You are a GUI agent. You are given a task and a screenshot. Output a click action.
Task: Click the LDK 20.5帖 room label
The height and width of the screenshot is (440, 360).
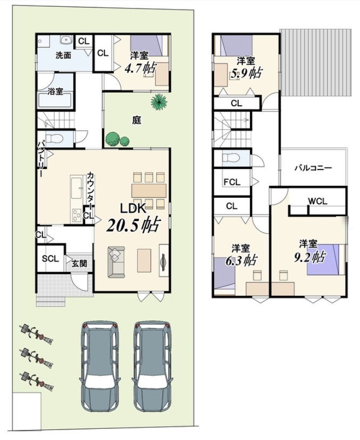click(133, 217)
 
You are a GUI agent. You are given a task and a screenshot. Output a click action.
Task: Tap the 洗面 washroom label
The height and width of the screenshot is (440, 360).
click(63, 55)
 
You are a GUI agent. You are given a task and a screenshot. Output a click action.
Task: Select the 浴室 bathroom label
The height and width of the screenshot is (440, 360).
click(55, 91)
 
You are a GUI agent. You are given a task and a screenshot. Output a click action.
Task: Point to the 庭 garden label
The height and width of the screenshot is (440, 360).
click(137, 121)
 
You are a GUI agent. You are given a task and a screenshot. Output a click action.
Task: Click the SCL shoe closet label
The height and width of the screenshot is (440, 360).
click(51, 258)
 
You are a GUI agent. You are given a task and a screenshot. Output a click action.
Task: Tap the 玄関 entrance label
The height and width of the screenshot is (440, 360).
click(79, 264)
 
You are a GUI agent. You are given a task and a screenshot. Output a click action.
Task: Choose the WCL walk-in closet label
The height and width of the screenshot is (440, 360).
click(317, 201)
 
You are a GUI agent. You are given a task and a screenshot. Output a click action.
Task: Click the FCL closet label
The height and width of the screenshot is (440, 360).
click(232, 182)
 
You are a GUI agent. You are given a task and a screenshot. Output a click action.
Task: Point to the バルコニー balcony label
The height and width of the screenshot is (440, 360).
click(313, 168)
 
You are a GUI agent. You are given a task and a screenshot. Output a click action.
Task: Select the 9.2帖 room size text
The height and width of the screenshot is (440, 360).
click(309, 257)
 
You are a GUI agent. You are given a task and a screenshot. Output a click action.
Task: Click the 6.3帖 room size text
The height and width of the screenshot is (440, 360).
click(241, 261)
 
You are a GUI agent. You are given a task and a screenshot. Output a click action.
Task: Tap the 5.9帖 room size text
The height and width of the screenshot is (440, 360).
click(246, 73)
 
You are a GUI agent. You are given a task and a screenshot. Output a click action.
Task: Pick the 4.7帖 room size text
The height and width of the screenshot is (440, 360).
click(140, 68)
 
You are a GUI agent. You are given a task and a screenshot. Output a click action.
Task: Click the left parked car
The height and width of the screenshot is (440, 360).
click(100, 367)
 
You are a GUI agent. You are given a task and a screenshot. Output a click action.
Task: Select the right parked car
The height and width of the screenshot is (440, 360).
click(152, 367)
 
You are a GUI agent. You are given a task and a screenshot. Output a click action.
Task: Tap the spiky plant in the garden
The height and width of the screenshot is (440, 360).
click(158, 102)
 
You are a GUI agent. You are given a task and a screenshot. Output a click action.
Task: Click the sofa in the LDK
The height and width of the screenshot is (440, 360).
click(116, 262)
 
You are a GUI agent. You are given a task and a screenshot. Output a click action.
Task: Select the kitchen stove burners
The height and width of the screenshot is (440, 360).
click(77, 216)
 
